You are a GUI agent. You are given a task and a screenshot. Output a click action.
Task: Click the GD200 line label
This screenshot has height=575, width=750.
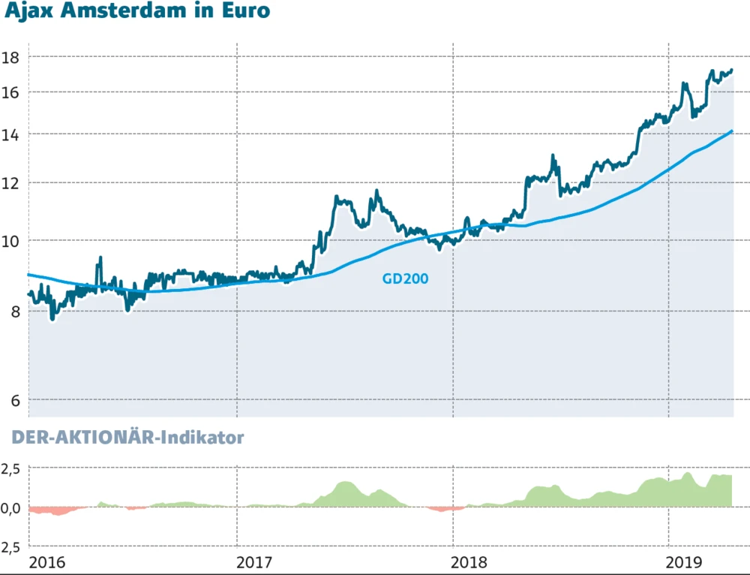coord(405,278)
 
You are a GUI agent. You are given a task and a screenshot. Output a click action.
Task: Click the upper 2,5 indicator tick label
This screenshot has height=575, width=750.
coord(13,469)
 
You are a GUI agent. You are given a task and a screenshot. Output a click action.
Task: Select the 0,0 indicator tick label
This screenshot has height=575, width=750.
coord(13,508)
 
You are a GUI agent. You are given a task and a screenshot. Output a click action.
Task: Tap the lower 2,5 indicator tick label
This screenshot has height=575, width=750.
coord(13,547)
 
